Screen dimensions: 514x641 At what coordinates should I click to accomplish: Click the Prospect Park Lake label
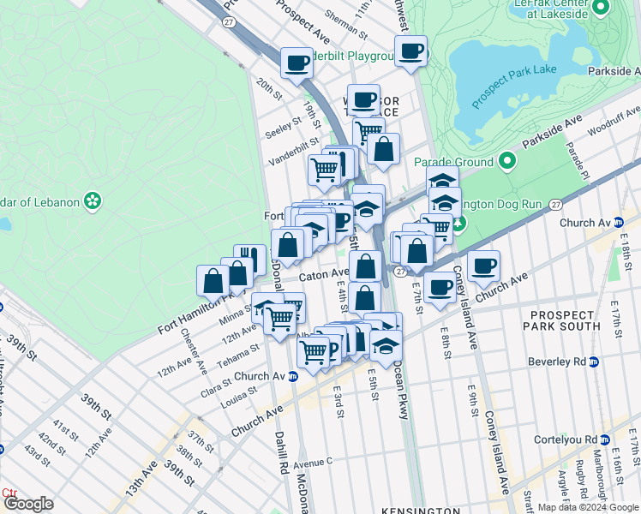[514, 81]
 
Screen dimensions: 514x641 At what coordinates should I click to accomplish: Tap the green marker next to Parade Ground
[507, 161]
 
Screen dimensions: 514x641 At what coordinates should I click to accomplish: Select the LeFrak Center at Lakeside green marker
[601, 9]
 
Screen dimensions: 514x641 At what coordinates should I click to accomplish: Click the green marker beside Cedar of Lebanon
[93, 202]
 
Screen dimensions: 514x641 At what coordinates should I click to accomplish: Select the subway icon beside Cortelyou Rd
[605, 439]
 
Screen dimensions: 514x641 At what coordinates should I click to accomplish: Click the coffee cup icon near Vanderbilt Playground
[297, 63]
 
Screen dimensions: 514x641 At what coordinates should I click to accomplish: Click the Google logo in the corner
[29, 504]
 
